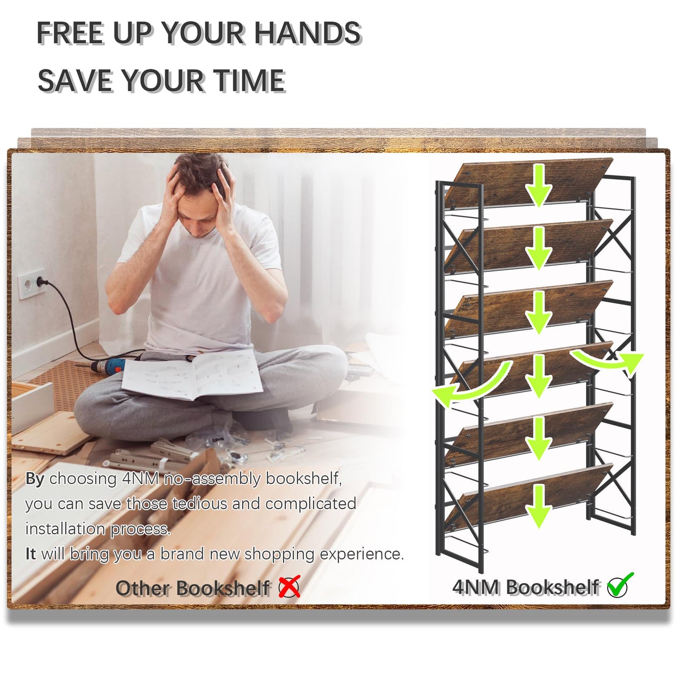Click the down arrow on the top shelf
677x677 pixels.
(x=539, y=186)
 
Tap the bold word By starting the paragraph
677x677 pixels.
(x=35, y=480)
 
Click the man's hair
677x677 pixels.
(x=200, y=172)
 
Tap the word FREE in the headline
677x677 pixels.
(x=71, y=33)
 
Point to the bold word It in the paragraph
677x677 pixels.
(x=30, y=554)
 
